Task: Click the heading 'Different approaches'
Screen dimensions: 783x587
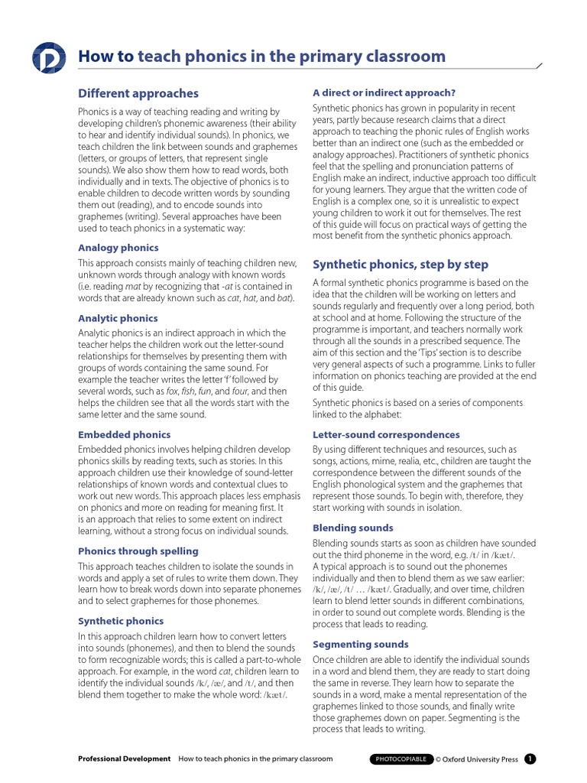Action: [x=138, y=93]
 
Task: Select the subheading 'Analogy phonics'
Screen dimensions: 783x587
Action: [x=118, y=248]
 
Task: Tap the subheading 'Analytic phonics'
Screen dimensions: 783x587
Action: [x=118, y=318]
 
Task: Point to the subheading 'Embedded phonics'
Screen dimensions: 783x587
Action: [x=124, y=434]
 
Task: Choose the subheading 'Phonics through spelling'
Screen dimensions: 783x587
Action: [x=138, y=551]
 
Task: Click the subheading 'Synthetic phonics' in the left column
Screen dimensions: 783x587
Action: [x=121, y=621]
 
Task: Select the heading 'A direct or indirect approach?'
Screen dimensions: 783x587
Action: [x=384, y=93]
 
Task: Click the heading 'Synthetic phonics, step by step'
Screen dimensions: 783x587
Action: [x=401, y=265]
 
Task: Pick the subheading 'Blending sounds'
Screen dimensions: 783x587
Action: [x=353, y=528]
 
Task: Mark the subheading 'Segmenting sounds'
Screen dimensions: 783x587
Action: [x=361, y=644]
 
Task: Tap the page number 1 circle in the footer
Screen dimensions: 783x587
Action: [x=530, y=759]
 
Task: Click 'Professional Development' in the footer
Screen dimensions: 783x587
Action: [x=125, y=759]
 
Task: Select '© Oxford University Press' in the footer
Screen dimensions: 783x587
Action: [x=477, y=759]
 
